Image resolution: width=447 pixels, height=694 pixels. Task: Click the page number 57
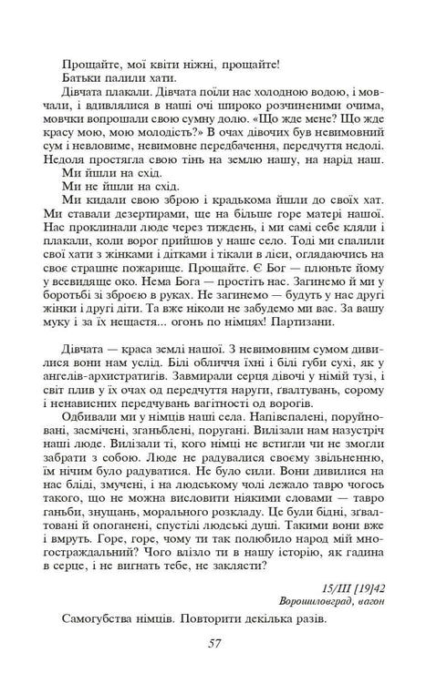215,644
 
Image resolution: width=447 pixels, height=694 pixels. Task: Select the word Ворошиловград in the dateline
318,601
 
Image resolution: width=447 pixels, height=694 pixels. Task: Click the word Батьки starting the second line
84,79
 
